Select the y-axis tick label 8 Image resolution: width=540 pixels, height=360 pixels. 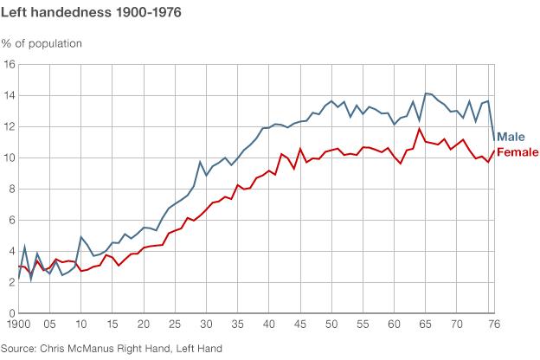pyautogui.click(x=11, y=190)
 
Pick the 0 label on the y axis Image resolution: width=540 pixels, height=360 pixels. pyautogui.click(x=11, y=313)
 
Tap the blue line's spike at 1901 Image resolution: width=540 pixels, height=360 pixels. pyautogui.click(x=24, y=247)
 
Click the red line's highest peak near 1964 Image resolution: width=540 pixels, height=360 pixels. pyautogui.click(x=419, y=130)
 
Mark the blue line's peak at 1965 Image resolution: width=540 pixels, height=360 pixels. pyautogui.click(x=425, y=93)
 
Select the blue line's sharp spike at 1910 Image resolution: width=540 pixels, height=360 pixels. pyautogui.click(x=81, y=237)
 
